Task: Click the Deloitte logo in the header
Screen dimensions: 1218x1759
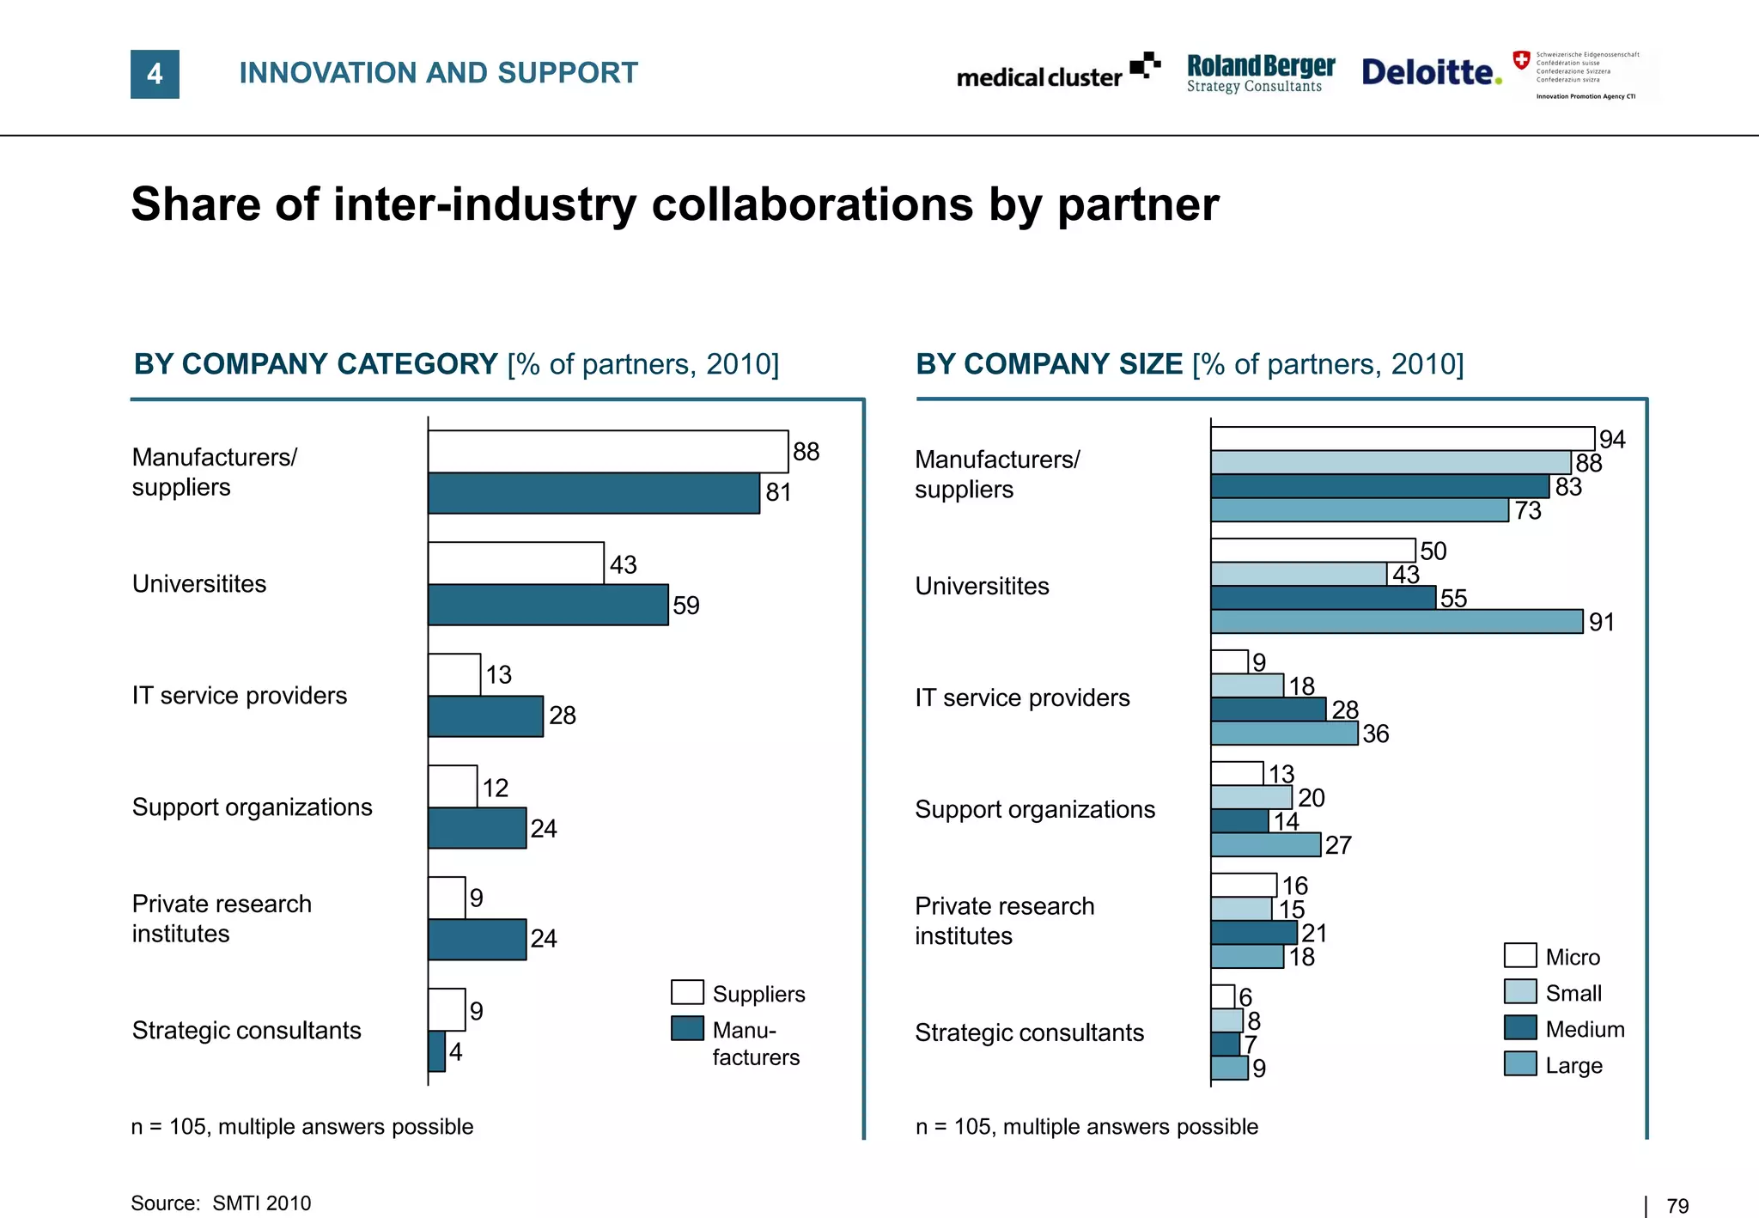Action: point(1431,72)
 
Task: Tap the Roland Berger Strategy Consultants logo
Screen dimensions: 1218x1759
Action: point(1260,73)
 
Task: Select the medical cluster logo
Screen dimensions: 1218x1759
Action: point(1057,74)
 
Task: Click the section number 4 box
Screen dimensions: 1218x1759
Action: point(155,74)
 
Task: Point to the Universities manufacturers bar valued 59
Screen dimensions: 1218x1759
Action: point(547,605)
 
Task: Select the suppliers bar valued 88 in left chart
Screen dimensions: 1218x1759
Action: point(607,451)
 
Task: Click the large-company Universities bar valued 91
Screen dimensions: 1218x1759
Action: point(1396,621)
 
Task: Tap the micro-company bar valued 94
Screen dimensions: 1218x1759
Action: point(1402,438)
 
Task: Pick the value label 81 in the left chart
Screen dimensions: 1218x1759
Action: point(778,492)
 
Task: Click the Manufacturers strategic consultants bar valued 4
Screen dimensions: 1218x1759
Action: point(436,1051)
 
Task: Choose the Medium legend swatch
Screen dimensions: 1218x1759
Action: point(1520,1027)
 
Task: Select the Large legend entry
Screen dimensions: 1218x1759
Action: point(1573,1065)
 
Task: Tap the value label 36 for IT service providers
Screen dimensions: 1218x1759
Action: point(1375,734)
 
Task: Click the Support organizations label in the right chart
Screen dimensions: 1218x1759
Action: point(1034,809)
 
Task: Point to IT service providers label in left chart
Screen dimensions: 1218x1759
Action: point(239,695)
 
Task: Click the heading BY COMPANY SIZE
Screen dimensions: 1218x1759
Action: point(1049,364)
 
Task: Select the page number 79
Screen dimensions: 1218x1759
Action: point(1677,1205)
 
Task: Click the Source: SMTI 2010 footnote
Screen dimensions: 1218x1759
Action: point(221,1203)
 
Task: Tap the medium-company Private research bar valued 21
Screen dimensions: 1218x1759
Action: point(1253,932)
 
